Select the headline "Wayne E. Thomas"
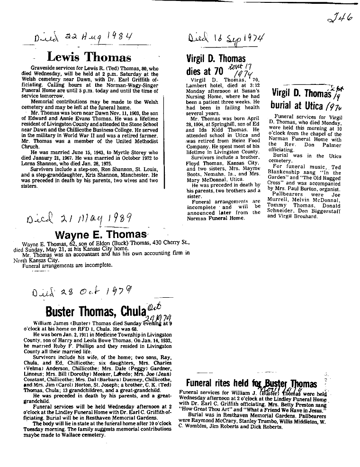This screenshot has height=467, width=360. tap(101, 234)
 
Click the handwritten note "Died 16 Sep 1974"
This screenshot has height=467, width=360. tap(226, 38)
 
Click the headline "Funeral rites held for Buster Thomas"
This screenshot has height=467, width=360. tap(252, 384)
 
